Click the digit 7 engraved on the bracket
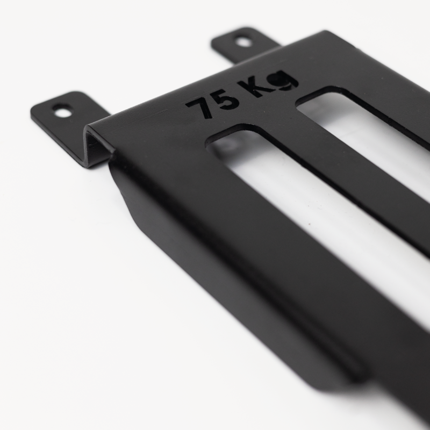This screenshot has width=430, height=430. coord(200,107)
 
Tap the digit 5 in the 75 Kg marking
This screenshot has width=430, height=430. coord(225,100)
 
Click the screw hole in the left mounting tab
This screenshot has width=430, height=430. coord(63,112)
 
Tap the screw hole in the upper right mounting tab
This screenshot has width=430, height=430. coord(243,41)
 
